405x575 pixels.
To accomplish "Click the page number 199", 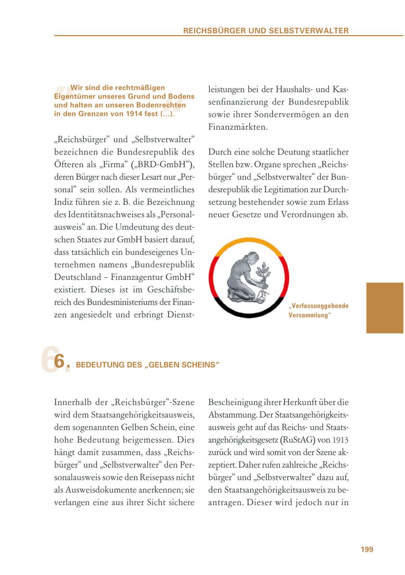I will (x=367, y=549).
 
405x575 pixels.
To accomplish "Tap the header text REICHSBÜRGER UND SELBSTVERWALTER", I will (x=265, y=31).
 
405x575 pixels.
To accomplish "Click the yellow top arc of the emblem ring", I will (x=248, y=241).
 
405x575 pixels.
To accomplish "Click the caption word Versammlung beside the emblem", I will (x=310, y=315).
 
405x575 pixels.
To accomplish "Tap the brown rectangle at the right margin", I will (x=384, y=308).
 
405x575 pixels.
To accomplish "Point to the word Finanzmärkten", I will (x=238, y=127).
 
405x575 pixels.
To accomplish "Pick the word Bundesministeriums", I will (x=117, y=303).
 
